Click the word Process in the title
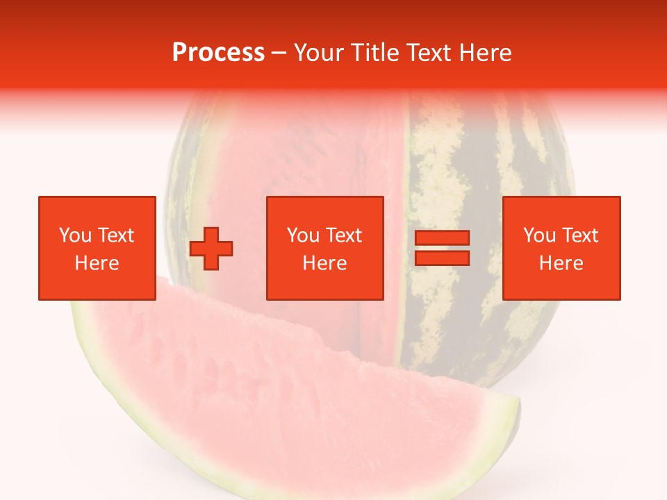(x=218, y=53)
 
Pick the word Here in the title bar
(x=486, y=53)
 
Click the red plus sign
(x=211, y=249)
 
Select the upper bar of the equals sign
(x=442, y=238)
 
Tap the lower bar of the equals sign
(x=442, y=258)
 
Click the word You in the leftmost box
(x=75, y=235)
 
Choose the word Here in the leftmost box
(x=97, y=263)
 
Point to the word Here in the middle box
(x=325, y=263)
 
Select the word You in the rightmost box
(x=539, y=235)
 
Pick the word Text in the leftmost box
(x=115, y=235)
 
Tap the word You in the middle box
(x=303, y=235)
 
